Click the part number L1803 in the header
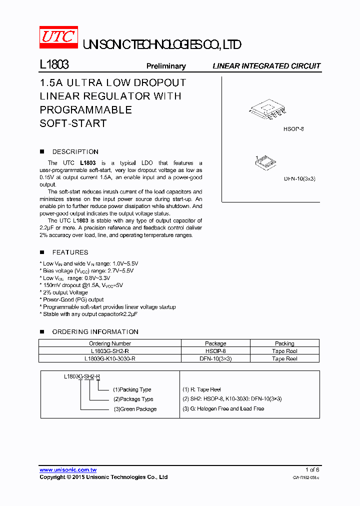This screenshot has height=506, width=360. click(x=54, y=65)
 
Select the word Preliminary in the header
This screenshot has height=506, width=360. click(x=165, y=66)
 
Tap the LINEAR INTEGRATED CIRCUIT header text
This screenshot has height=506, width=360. click(x=266, y=66)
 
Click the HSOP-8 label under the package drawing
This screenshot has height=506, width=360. click(x=293, y=129)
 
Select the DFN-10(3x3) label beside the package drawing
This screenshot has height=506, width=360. click(x=300, y=178)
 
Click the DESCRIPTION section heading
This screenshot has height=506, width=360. click(x=75, y=151)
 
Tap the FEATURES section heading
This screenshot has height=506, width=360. click(x=70, y=252)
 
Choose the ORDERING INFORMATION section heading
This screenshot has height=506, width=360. click(x=95, y=331)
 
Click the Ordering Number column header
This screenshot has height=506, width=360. click(x=110, y=343)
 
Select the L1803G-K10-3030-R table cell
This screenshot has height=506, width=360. click(x=110, y=358)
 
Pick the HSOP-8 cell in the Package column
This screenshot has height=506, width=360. click(x=215, y=351)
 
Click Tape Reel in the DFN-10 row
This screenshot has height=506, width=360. click(x=284, y=358)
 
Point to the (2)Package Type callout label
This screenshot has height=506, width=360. click(x=133, y=399)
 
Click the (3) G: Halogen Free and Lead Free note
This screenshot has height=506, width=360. click(x=223, y=408)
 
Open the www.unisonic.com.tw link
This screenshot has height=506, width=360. click(x=68, y=469)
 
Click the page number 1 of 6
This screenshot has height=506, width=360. click(x=312, y=469)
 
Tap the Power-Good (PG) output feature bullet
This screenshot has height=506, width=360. click(x=73, y=299)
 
